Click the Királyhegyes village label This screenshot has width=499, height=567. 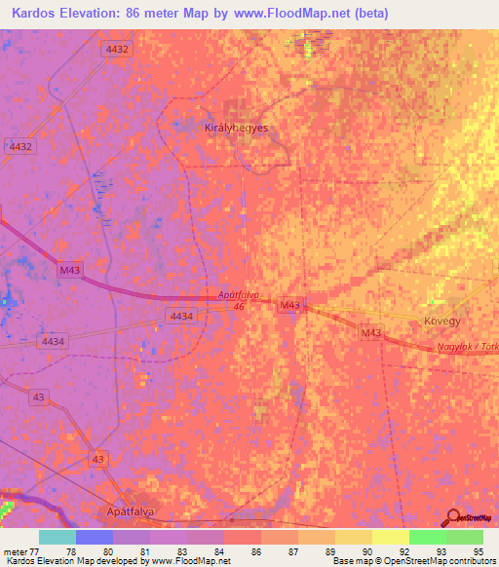pos(235,128)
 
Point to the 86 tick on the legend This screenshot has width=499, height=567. pos(255,550)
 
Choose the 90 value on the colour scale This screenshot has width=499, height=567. pos(366,550)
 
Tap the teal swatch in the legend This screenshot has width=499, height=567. pos(57,537)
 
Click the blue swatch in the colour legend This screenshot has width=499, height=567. pos(94,537)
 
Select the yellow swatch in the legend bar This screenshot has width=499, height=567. pos(391,537)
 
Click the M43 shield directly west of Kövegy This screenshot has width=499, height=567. pos(288,306)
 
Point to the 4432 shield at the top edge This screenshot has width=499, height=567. pos(114,48)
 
